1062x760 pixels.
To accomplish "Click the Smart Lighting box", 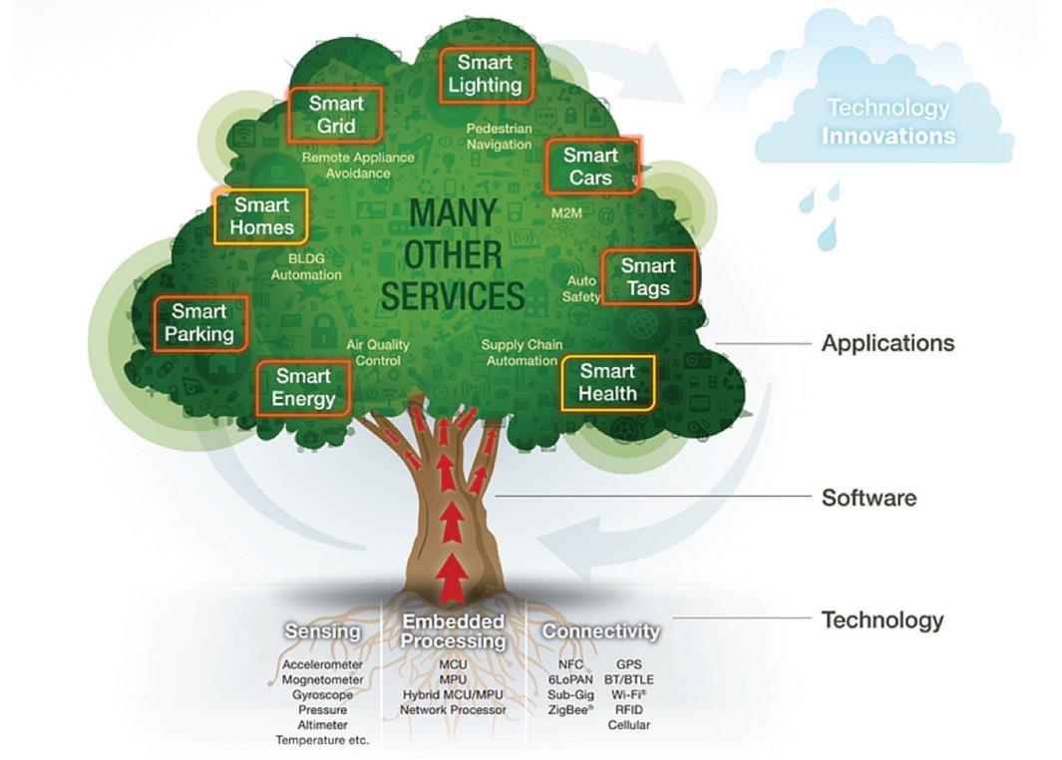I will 485,74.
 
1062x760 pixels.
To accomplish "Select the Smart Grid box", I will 336,115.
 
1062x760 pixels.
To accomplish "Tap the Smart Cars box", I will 591,167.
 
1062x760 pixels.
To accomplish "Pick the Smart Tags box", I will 647,277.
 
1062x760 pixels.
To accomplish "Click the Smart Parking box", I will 199,323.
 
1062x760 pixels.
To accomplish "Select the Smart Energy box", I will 304,388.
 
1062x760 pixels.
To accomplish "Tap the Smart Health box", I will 607,383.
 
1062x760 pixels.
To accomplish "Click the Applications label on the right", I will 887,343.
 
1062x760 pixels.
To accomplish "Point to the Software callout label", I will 869,497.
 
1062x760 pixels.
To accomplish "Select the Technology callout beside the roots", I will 882,620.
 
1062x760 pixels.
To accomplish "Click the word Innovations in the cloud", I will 888,136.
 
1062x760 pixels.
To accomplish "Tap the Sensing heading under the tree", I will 322,631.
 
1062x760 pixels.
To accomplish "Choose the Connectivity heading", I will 600,631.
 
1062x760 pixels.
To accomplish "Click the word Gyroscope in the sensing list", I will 322,694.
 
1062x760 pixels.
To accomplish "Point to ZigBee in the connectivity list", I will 571,709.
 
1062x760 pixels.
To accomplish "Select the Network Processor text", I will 453,710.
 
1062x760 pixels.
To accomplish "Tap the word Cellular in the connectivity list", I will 628,725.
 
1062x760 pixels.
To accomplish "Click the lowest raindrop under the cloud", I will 824,238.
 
